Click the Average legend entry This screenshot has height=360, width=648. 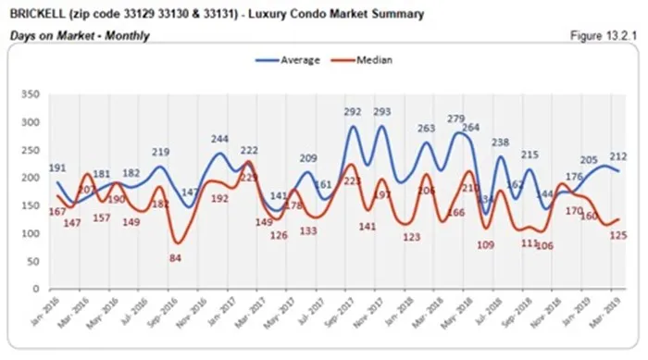[x=292, y=60]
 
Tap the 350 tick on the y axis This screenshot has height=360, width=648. [x=31, y=94]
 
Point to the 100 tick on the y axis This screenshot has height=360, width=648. [x=31, y=234]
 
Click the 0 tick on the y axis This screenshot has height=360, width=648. [x=36, y=290]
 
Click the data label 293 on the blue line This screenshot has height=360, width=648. [x=381, y=112]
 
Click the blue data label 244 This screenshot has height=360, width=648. [x=219, y=140]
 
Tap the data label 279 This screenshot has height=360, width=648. [x=458, y=118]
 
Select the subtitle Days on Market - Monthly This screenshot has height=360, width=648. [x=79, y=35]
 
